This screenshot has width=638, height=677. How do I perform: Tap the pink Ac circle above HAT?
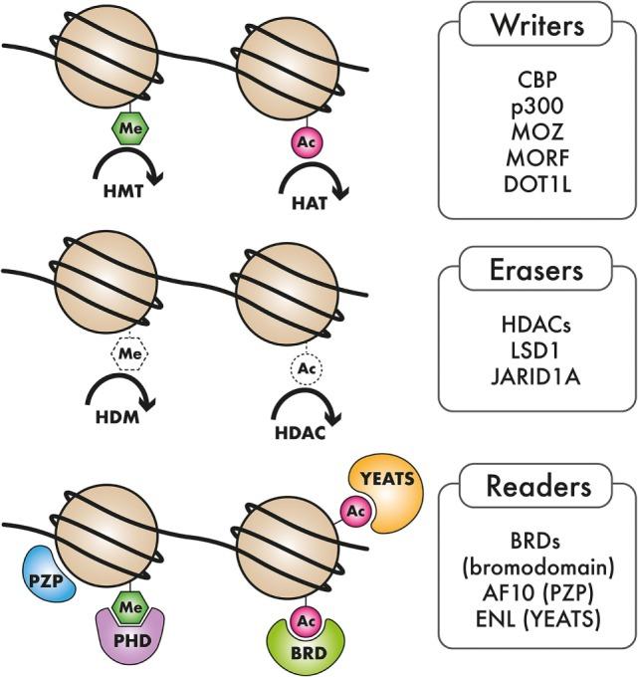304,138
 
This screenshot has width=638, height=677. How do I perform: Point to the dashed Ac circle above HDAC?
304,369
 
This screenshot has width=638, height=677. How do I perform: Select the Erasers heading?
536,271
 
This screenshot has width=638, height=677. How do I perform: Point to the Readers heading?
536,487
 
